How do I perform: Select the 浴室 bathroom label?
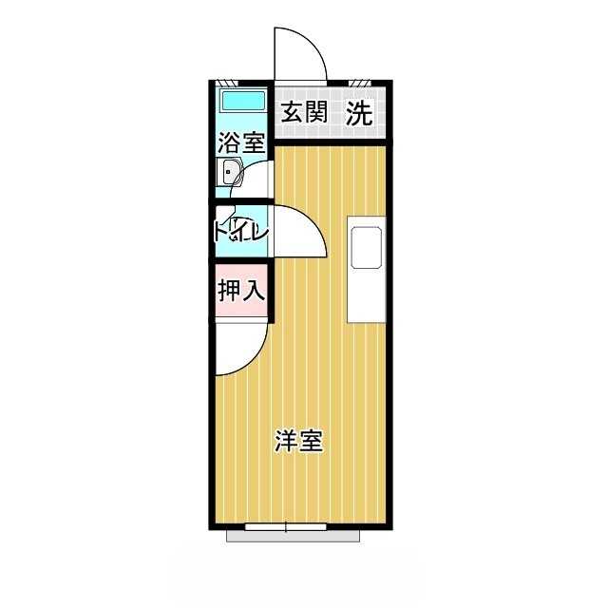(x=240, y=143)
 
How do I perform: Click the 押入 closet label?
(x=240, y=291)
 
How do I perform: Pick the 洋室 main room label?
(x=299, y=441)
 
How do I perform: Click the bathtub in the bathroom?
(x=241, y=101)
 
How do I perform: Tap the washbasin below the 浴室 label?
(x=231, y=173)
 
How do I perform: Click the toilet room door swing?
(x=301, y=233)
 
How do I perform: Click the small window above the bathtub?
(x=224, y=82)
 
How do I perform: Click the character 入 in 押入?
(x=252, y=291)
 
